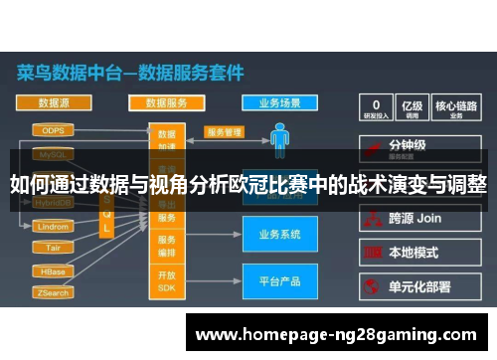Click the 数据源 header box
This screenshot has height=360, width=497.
(53, 102)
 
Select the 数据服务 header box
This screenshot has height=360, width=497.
(166, 102)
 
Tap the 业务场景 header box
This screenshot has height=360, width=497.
(279, 102)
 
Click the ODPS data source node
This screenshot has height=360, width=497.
(53, 130)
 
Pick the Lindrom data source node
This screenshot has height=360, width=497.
(53, 227)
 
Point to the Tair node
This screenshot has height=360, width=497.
(53, 248)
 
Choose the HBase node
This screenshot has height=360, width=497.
(53, 271)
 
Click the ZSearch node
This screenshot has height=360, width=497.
(53, 293)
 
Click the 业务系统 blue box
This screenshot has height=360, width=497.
(279, 236)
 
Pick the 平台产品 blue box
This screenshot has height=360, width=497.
(279, 281)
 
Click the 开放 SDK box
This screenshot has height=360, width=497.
(166, 280)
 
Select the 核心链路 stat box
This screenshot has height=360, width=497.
(456, 107)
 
